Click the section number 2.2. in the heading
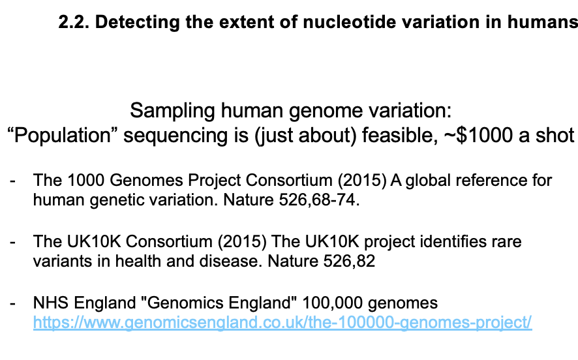pos(73,23)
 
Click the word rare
pos(509,241)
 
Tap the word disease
pos(190,262)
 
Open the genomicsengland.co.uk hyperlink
pos(282,323)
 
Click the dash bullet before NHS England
pos(13,303)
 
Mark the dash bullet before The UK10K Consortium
pos(13,241)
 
